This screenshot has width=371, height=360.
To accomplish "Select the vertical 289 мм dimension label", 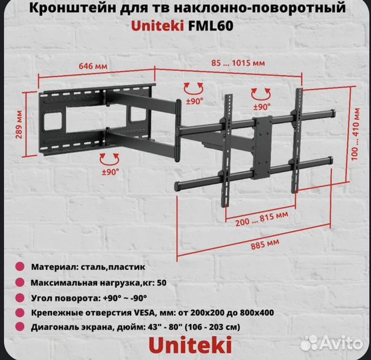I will coord(16,125).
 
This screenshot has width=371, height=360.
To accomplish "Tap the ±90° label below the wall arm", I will coord(110,171).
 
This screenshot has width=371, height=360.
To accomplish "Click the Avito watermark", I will coord(331,343).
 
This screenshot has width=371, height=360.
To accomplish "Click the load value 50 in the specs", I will coord(163,282).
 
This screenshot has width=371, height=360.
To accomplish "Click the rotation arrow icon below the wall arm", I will coord(110,158).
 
